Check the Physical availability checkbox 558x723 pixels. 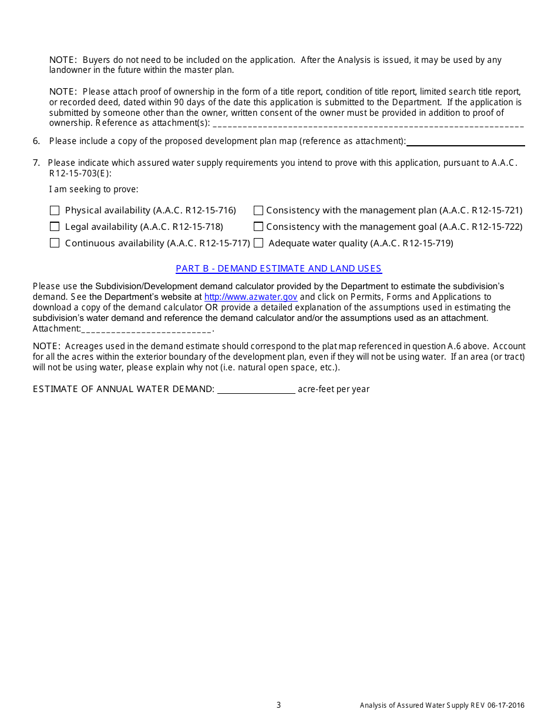[55, 210]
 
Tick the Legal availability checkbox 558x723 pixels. [55, 227]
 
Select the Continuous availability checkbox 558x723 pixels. [55, 243]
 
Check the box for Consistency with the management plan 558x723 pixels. [258, 210]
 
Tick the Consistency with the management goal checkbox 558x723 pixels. [258, 227]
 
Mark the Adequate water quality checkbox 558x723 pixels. [258, 243]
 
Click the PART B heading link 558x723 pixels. [278, 269]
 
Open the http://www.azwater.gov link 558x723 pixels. [251, 297]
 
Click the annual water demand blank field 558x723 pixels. [256, 389]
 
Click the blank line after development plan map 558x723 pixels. [465, 142]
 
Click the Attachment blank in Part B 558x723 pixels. [146, 329]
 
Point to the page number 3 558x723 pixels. [279, 705]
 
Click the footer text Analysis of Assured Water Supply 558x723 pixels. [442, 706]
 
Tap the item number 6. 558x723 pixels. [36, 141]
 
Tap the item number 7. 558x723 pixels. [36, 163]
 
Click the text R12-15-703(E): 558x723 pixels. [80, 173]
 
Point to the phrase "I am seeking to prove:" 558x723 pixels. [94, 190]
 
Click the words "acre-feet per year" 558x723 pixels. [334, 389]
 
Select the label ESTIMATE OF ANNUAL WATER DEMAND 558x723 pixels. [123, 389]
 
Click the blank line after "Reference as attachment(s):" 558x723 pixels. [368, 124]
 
